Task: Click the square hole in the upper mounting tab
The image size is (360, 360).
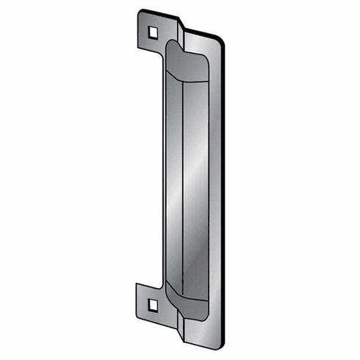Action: click(152, 32)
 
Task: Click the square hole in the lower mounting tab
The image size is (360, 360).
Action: click(152, 303)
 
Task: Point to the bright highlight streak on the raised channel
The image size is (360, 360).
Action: click(192, 184)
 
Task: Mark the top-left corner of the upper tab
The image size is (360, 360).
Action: click(139, 12)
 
